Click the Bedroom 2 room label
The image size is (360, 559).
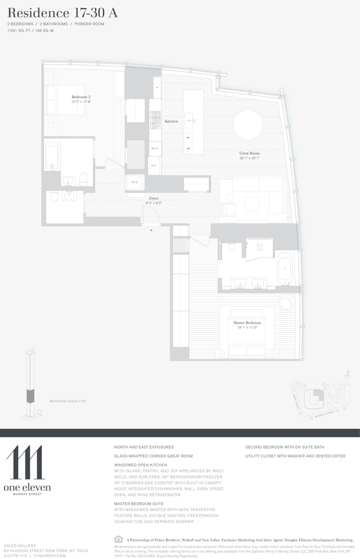(x=81, y=97)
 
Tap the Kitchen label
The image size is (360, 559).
(x=171, y=121)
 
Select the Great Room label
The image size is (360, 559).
(x=249, y=153)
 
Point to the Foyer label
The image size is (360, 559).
(x=154, y=198)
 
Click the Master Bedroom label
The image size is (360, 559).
(x=247, y=323)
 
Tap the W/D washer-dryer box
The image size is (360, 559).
(x=135, y=182)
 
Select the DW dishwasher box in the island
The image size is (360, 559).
(x=188, y=137)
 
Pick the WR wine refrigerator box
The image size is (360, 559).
(x=188, y=149)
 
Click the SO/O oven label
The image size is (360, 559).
(x=154, y=148)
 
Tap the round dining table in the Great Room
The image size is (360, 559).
(x=249, y=123)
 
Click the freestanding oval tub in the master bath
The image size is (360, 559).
(x=284, y=269)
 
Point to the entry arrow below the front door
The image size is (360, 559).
(x=151, y=230)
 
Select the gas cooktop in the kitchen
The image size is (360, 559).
(x=155, y=120)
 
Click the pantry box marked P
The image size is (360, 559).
(x=157, y=88)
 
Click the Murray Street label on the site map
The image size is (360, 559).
(x=324, y=414)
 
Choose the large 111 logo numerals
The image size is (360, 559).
(x=25, y=463)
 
